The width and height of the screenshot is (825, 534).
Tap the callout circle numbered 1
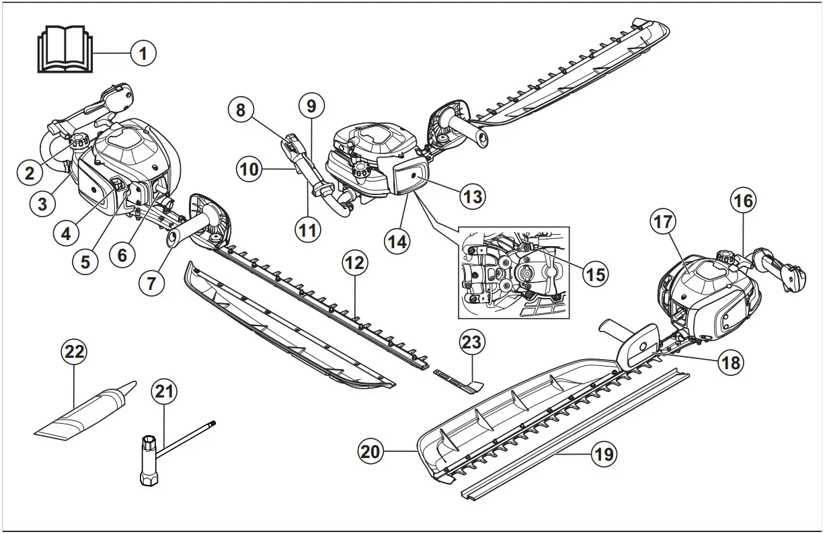point(143,53)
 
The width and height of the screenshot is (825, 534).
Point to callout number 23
point(471,342)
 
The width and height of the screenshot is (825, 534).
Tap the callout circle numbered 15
point(594,274)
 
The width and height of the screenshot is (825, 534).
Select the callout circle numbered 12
point(355,264)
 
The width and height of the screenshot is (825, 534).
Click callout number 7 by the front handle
point(151,283)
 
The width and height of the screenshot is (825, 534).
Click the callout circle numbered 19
point(603,454)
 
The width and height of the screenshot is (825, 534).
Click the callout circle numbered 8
point(241,110)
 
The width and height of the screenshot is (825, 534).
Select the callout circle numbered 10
point(249,169)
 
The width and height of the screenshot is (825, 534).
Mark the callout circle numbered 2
point(29,174)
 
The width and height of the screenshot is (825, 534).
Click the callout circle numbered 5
point(85,261)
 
